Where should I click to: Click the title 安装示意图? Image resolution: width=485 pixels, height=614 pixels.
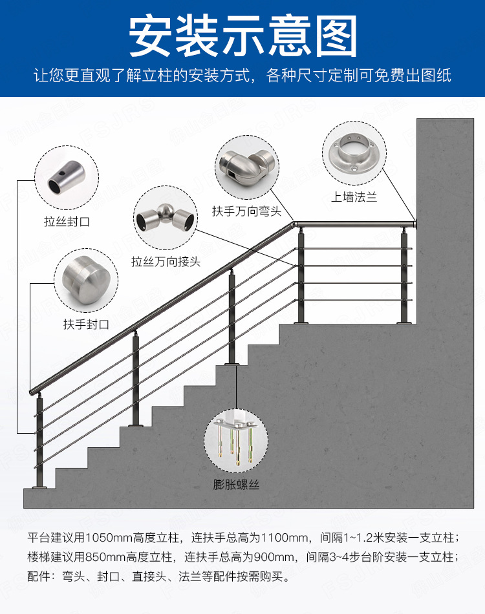pos(242,37)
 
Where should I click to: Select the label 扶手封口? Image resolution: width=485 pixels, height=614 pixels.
pos(85,324)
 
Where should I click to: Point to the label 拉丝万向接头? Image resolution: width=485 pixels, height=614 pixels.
pos(166,262)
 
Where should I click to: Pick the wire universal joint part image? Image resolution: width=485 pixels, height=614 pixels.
pos(166,220)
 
